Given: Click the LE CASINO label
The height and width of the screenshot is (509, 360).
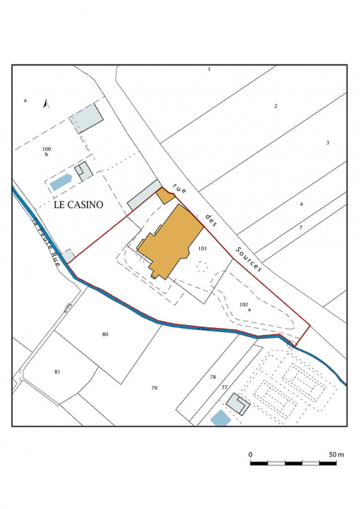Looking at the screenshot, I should click(78, 206).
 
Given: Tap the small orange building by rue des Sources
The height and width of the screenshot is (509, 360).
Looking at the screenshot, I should click(166, 196).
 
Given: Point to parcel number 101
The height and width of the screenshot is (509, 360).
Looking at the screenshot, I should click(203, 249).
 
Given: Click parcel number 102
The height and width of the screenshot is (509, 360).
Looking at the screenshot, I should click(243, 304).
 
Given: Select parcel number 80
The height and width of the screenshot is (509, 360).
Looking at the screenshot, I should click(105, 334).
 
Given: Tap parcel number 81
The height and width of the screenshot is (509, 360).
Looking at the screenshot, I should click(57, 371).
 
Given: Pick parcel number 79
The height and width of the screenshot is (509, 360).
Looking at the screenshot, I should click(154, 387).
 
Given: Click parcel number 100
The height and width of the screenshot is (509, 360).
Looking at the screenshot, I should click(46, 149).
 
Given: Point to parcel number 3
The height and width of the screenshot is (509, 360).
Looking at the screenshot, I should click(327, 143).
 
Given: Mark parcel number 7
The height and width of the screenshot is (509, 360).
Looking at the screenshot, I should click(301, 228).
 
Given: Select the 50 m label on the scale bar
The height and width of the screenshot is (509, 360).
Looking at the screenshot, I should click(336, 455).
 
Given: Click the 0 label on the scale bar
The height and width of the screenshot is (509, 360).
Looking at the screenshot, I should click(251, 455).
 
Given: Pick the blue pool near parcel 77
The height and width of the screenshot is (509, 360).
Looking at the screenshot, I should click(220, 418).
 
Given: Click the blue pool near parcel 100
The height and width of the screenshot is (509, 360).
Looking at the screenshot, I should click(61, 182).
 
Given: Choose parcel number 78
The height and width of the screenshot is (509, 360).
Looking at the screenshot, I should click(213, 378).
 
